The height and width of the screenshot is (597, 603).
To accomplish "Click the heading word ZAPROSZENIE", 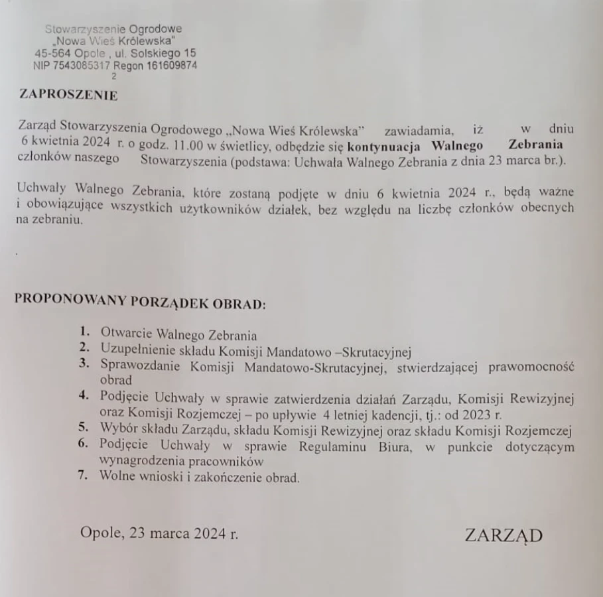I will click(68, 95).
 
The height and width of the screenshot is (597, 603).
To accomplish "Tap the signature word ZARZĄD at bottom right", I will click(503, 535).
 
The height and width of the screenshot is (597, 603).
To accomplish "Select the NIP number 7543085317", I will click(82, 66).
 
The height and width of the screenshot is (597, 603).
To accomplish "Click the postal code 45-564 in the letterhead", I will click(50, 54).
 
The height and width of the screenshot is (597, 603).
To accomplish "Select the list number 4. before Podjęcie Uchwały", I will click(84, 397).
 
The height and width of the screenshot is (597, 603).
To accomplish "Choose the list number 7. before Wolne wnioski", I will click(84, 475).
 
